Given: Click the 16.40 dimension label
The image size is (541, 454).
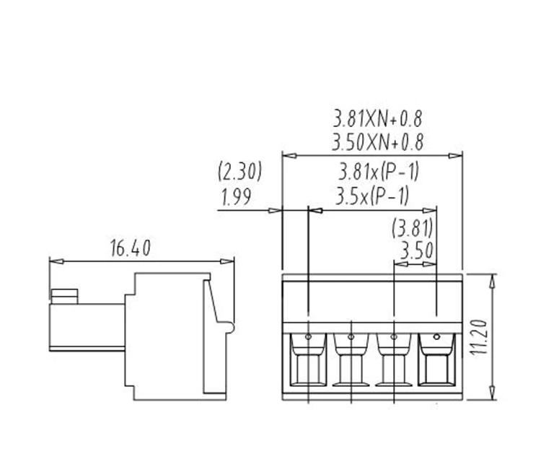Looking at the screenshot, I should [130, 249].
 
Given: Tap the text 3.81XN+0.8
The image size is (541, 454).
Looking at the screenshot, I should [377, 118].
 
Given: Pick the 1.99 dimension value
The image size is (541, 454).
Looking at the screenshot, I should [236, 198].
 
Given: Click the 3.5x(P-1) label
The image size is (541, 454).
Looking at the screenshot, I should [372, 196].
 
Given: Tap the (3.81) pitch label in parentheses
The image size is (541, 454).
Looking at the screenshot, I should [412, 229].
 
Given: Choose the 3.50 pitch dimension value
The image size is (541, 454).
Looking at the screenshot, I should [415, 252].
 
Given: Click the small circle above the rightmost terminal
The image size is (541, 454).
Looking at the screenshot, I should [437, 336].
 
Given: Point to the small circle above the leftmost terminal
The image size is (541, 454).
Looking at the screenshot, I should [308, 336].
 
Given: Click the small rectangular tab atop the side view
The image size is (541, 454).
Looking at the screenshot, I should [64, 295].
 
